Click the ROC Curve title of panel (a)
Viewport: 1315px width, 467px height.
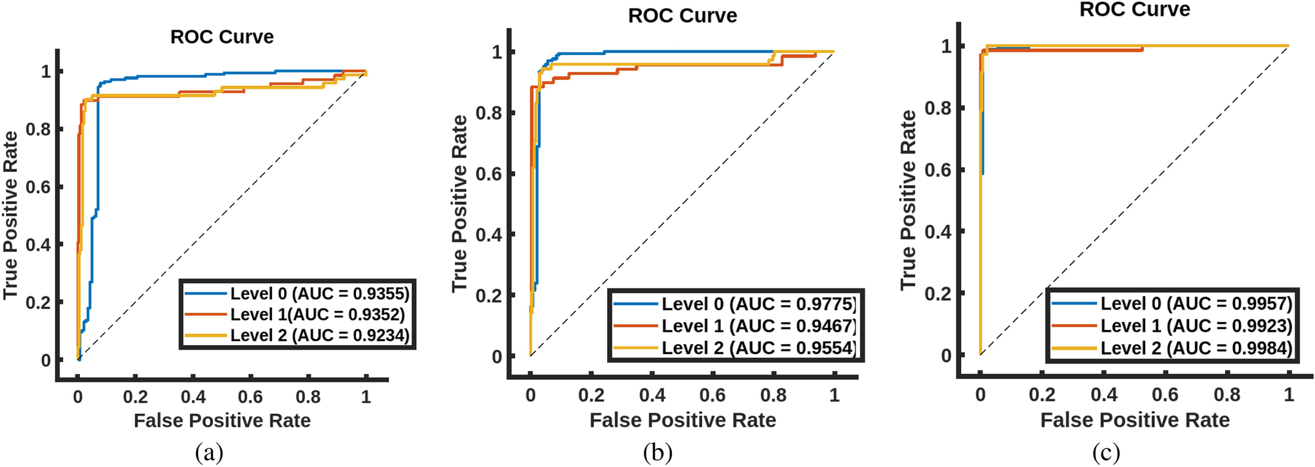coord(222,37)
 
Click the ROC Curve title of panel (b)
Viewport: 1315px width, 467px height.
coord(682,16)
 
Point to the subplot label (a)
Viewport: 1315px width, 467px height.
coord(209,453)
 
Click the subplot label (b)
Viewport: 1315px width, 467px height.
coord(657,453)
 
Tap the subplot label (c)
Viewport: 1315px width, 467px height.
coord(1106,453)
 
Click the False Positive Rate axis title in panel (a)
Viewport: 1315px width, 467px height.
coord(222,420)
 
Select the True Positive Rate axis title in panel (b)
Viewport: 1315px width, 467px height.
coord(460,203)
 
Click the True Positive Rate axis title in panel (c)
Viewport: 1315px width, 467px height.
coord(908,200)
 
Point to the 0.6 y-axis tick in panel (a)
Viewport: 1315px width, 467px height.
coord(38,187)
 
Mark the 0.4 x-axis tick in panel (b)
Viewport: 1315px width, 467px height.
coord(652,396)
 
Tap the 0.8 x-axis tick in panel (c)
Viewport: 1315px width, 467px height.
coord(1227,395)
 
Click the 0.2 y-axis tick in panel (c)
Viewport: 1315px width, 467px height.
coord(937,293)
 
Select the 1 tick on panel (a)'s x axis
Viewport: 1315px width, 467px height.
coord(366,397)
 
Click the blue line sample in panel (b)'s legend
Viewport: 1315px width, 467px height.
coord(635,304)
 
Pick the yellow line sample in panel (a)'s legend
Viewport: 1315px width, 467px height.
coord(206,335)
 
